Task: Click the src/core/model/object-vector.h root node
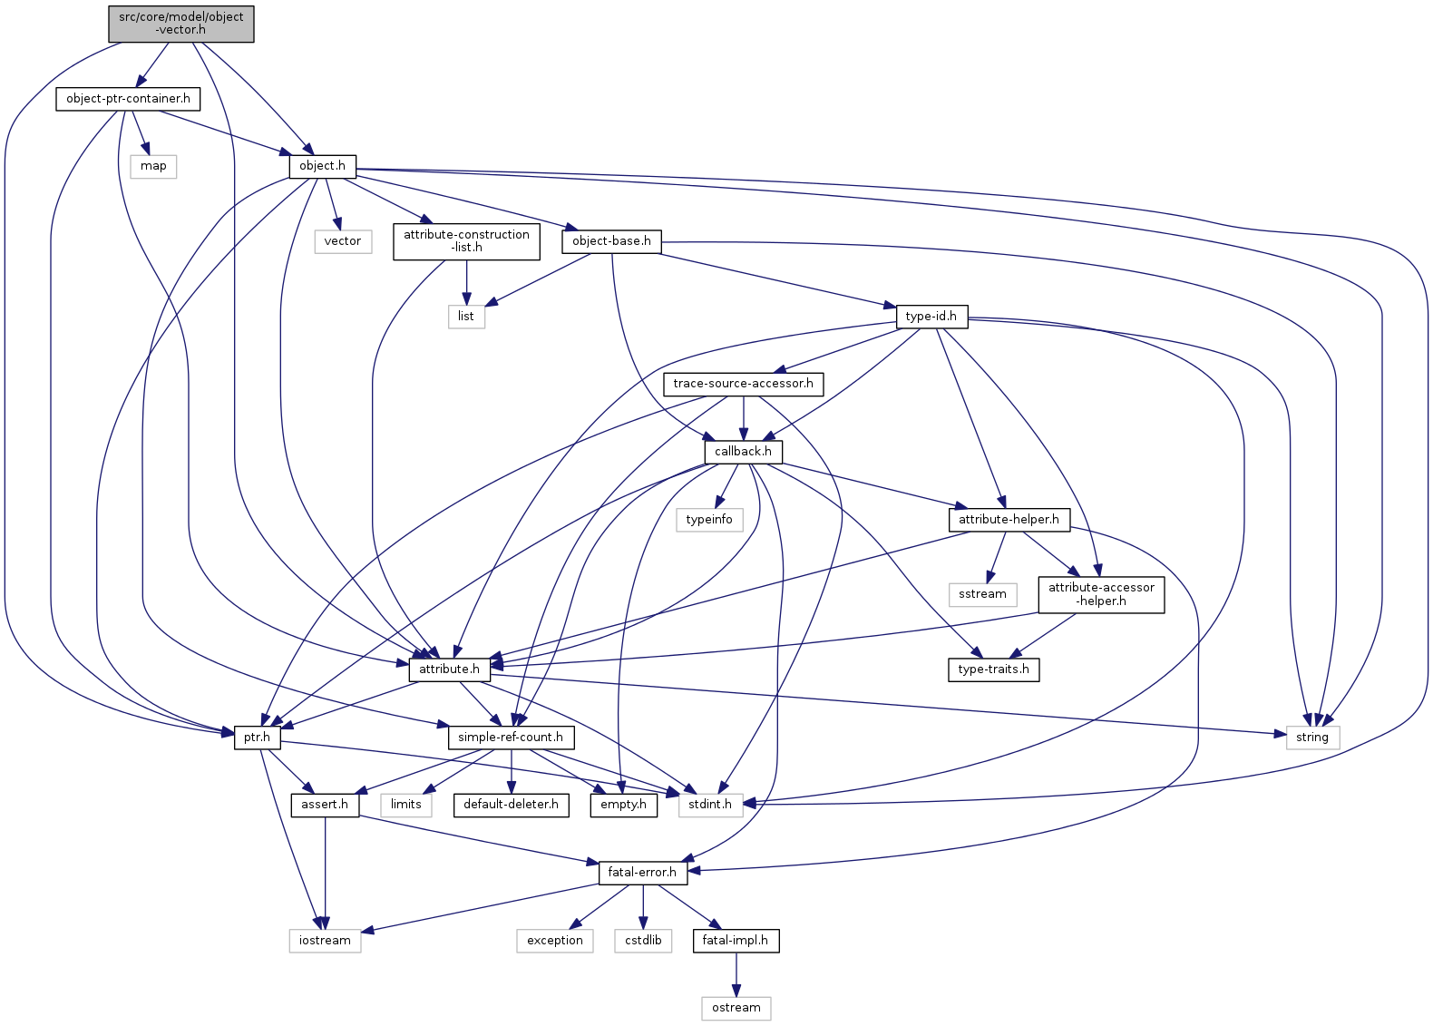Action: [x=181, y=24]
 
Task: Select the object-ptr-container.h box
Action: [x=128, y=98]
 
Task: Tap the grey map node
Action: [x=153, y=166]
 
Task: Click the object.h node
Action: [x=322, y=166]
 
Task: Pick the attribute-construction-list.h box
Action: [x=466, y=241]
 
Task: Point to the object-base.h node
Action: [x=611, y=241]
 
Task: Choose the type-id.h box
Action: [x=931, y=316]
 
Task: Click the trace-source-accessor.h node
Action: [x=743, y=384]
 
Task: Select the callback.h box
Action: [x=743, y=451]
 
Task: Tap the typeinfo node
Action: [x=709, y=519]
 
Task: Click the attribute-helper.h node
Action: [x=1009, y=519]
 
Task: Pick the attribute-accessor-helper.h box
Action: [x=1101, y=594]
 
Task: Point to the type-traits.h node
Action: [x=993, y=669]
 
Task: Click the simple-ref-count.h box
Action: [x=511, y=737]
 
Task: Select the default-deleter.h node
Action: [x=512, y=805]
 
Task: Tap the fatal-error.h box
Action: [x=642, y=873]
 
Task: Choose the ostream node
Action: [x=736, y=1008]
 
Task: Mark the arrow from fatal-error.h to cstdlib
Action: [x=643, y=906]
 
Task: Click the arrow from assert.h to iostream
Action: [x=326, y=871]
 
